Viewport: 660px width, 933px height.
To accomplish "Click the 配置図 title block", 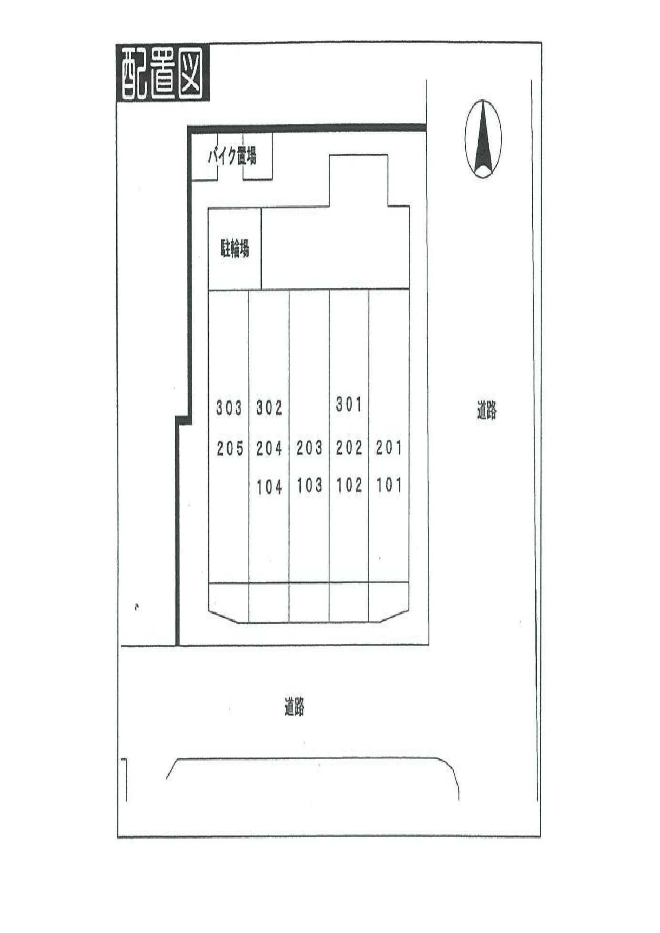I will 162,74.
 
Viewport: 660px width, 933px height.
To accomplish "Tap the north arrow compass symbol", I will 483,139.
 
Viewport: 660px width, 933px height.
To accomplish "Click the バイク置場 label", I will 232,157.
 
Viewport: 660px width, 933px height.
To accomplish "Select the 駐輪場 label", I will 235,249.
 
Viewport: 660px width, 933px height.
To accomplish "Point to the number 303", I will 229,408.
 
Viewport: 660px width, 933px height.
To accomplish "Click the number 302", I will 269,408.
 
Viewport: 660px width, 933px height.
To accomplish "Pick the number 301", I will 349,404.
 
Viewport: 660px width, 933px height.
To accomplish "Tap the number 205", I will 230,449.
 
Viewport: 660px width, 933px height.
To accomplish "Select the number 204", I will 269,449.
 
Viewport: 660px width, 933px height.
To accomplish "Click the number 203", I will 309,448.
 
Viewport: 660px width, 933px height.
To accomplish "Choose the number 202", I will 349,448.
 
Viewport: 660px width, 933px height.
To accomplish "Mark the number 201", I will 389,448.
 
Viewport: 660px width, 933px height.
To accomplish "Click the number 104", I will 269,487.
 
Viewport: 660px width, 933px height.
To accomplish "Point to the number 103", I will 309,486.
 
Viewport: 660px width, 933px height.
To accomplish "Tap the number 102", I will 349,485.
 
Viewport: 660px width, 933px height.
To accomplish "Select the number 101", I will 389,485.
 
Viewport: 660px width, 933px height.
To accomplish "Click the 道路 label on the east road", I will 487,410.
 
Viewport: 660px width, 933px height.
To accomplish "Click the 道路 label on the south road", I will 294,706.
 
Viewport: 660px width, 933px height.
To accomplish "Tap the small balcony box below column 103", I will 309,603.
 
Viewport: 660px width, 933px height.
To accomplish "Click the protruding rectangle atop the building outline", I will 358,180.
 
